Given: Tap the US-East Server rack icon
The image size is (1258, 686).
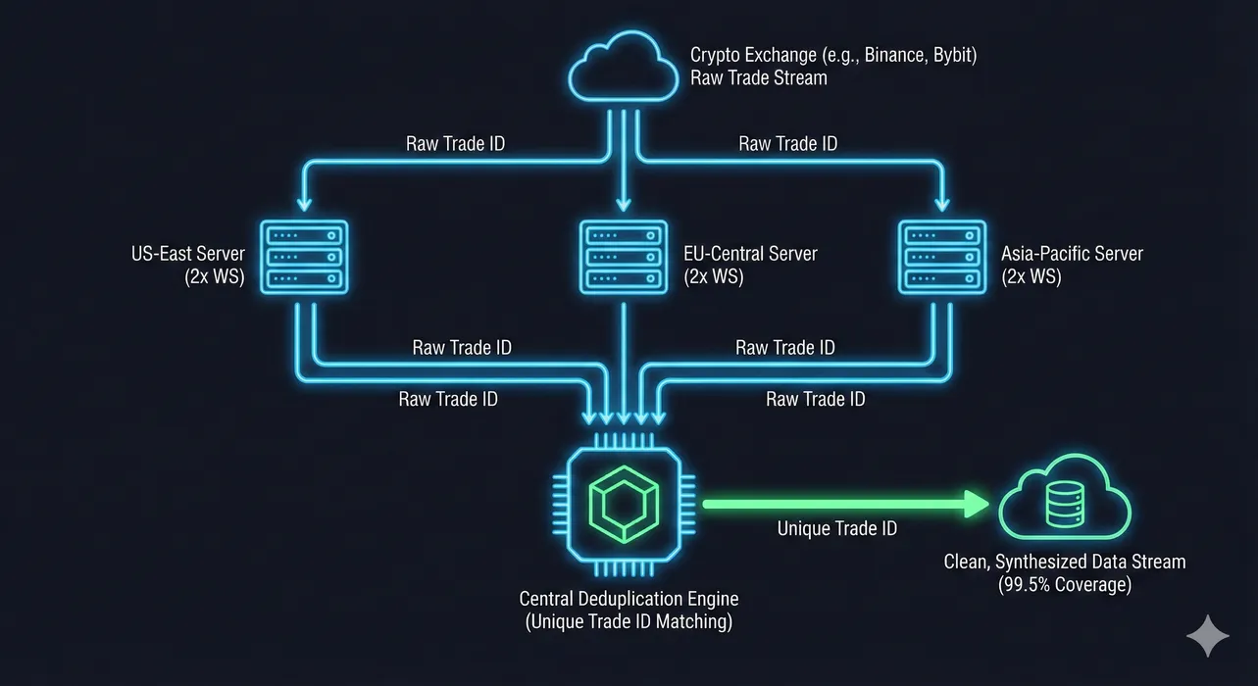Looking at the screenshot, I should (x=305, y=256).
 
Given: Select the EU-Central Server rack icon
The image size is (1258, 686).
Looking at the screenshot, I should (x=624, y=256).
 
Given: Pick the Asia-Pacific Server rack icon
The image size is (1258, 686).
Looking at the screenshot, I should (x=942, y=256).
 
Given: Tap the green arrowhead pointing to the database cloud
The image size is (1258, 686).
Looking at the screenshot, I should (x=977, y=505).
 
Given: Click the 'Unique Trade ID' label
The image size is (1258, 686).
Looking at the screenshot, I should (x=836, y=529).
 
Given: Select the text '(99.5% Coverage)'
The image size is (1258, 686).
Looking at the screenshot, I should (x=1064, y=585).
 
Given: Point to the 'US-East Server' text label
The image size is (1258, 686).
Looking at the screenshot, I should (x=187, y=255).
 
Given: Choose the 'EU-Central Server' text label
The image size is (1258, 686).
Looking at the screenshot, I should (x=750, y=255).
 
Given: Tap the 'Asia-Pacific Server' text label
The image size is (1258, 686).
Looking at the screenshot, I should (x=1072, y=255).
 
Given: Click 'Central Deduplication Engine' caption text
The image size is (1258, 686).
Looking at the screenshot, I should (x=629, y=599).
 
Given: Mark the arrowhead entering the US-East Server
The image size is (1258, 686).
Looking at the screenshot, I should (x=305, y=204).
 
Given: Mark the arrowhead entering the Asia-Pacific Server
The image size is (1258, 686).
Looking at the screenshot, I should (x=942, y=204).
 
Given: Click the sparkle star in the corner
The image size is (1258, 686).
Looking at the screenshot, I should (x=1207, y=636).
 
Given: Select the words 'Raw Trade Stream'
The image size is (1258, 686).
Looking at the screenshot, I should (x=758, y=77).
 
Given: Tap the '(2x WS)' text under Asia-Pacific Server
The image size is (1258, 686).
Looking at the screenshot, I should (x=1031, y=277).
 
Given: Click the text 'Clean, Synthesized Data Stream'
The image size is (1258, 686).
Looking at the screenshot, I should (x=1064, y=563).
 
